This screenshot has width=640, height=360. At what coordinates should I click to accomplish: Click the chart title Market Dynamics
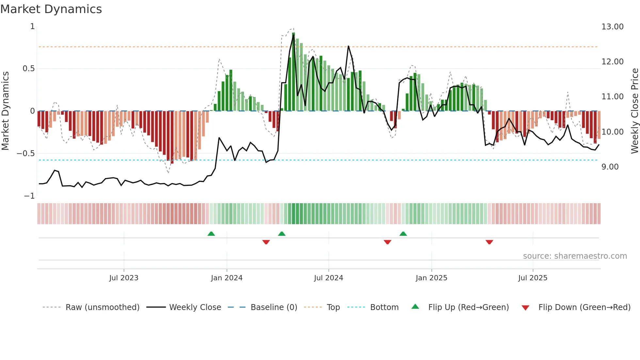coord(51,9)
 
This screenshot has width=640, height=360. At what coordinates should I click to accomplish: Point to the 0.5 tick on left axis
coord(28,69)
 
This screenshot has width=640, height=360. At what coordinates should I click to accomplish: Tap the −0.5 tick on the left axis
coord(26,154)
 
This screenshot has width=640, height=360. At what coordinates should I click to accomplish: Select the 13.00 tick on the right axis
coord(612,27)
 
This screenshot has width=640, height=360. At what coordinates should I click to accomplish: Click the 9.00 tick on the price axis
coord(610,167)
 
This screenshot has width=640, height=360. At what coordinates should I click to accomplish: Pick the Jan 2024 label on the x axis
coord(227,278)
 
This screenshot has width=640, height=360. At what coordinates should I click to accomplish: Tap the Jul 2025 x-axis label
coord(533,278)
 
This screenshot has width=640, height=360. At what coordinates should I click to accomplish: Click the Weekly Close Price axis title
coord(634,111)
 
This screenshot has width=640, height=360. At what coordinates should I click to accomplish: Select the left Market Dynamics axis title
coord(5,111)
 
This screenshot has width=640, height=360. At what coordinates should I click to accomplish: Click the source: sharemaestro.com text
coord(575,256)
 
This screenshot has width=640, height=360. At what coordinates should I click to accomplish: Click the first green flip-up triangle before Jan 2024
coord(211,234)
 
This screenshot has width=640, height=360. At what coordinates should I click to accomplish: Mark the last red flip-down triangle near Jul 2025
coord(489,242)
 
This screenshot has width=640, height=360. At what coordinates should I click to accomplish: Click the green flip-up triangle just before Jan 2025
coord(403,234)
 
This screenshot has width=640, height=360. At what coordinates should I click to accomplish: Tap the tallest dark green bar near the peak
coord(294,72)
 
